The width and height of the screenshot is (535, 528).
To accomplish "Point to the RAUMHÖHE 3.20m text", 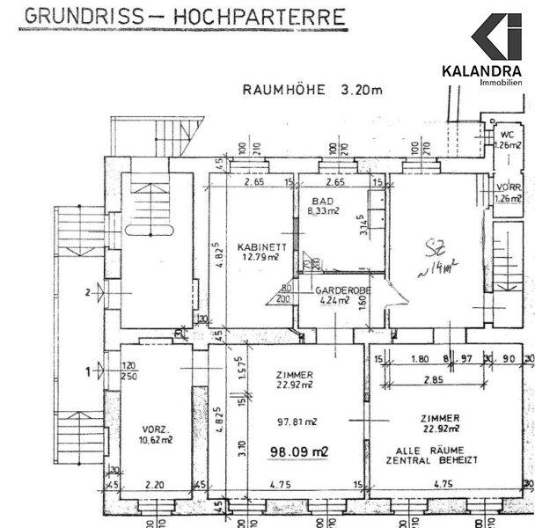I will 311,90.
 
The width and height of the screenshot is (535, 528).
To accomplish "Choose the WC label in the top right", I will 506,133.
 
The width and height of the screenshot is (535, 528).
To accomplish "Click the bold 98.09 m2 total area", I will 298,451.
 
